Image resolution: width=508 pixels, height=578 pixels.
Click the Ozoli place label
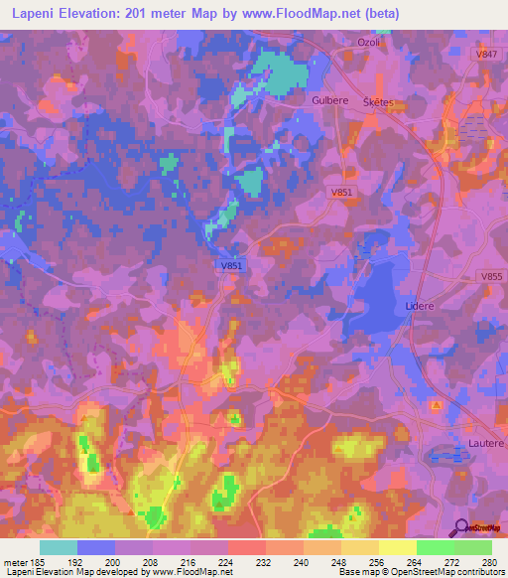click(x=368, y=42)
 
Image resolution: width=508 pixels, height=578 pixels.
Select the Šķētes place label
click(x=378, y=102)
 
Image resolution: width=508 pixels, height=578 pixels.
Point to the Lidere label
click(x=421, y=307)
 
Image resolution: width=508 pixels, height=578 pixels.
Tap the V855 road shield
click(x=490, y=277)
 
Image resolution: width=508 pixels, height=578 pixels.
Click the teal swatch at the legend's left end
click(x=58, y=547)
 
